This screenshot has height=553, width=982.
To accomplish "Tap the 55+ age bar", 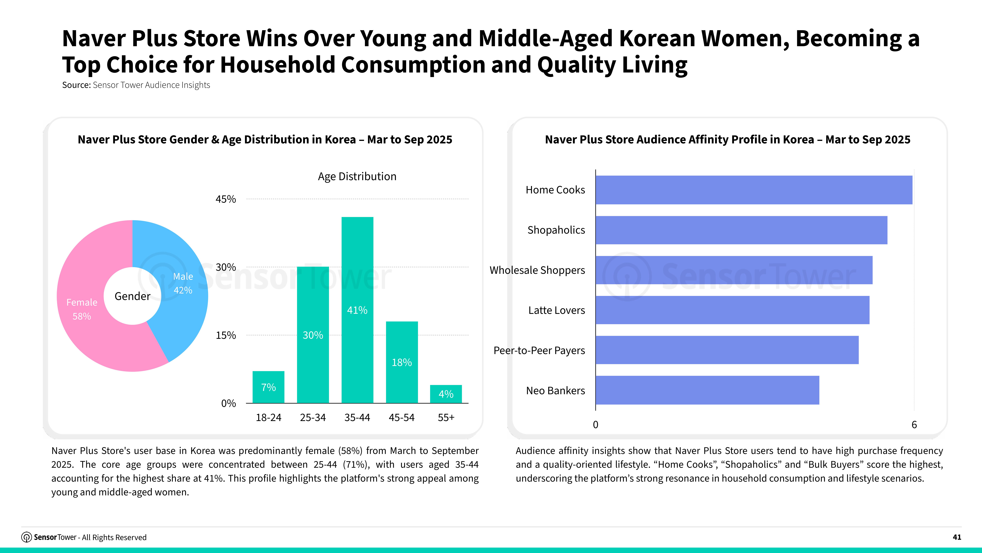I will pos(446,394).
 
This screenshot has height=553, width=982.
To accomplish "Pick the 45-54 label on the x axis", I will pos(401,418).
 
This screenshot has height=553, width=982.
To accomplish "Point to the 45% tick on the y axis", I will pos(226,199).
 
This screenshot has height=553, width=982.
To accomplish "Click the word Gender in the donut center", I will pos(132,296).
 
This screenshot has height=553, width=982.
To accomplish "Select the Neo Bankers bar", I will pos(707,390).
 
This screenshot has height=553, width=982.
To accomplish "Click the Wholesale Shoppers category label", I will pos(537,270).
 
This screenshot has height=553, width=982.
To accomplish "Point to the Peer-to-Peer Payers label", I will pos(539,350).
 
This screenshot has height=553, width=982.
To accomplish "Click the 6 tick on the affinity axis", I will pos(914,425).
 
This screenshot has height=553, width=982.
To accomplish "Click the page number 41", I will pos(956,537).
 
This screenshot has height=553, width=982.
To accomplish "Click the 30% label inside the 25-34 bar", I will pos(313,335).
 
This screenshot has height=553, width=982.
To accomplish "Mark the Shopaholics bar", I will pos(741,230).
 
